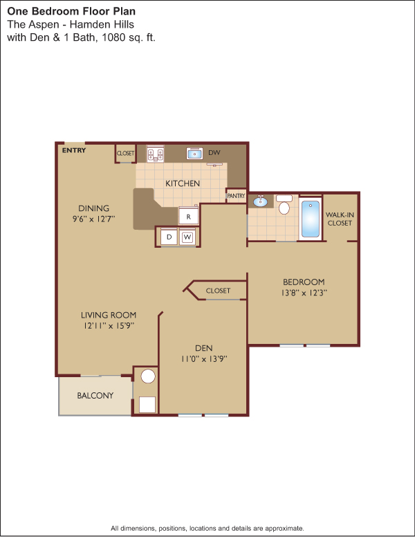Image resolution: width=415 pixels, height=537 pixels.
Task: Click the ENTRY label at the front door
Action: pyautogui.click(x=73, y=150)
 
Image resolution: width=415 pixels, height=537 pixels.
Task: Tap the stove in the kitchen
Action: pyautogui.click(x=155, y=154)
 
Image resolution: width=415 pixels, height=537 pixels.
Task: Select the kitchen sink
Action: pyautogui.click(x=194, y=154)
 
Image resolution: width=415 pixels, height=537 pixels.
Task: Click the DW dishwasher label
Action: pyautogui.click(x=214, y=153)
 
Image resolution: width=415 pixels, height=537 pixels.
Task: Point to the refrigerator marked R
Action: pyautogui.click(x=188, y=216)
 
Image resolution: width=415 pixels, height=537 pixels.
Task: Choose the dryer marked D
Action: pyautogui.click(x=169, y=237)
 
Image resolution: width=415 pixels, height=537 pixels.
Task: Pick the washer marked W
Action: pyautogui.click(x=187, y=237)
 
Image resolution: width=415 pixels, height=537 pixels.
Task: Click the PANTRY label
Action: pyautogui.click(x=236, y=196)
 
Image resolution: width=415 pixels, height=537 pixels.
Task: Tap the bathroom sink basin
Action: pyautogui.click(x=260, y=201)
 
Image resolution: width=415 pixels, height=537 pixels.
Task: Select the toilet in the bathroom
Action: pyautogui.click(x=284, y=204)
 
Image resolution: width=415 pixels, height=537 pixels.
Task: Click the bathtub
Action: pyautogui.click(x=311, y=219)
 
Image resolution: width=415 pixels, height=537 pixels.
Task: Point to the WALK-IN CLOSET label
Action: pyautogui.click(x=340, y=219)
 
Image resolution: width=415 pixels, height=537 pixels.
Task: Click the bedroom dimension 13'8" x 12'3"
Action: pyautogui.click(x=304, y=293)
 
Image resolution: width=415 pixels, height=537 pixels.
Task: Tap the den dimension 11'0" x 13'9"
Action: pyautogui.click(x=204, y=359)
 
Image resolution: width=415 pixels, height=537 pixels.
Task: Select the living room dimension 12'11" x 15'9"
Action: pyautogui.click(x=109, y=326)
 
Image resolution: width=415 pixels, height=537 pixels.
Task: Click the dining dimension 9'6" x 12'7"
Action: pyautogui.click(x=93, y=219)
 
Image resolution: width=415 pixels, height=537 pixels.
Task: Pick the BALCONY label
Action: pyautogui.click(x=95, y=396)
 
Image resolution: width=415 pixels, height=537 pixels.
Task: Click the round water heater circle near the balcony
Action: pyautogui.click(x=148, y=376)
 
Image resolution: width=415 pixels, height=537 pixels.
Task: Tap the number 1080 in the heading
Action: pyautogui.click(x=113, y=37)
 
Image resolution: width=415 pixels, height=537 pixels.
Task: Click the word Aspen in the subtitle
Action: pyautogui.click(x=43, y=25)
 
